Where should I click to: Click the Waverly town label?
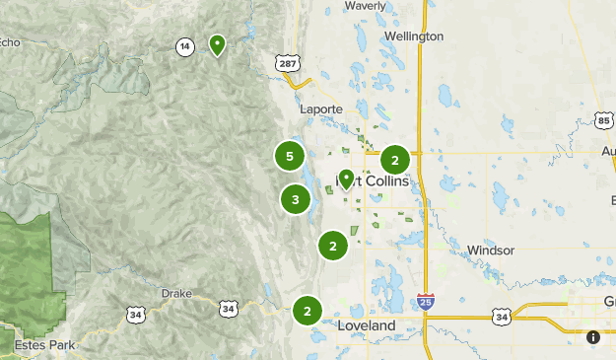tap(365, 5)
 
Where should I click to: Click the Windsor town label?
tap(491, 251)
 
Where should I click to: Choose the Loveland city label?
tap(366, 325)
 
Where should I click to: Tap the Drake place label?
tap(178, 294)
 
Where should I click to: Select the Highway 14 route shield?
tap(184, 46)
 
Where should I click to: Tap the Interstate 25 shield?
tap(425, 300)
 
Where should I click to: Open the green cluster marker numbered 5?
tap(289, 156)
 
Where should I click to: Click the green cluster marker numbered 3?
tap(295, 199)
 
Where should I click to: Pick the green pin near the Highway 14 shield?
tap(217, 44)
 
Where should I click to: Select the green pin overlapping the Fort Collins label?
tap(346, 179)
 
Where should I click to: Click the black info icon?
tap(593, 337)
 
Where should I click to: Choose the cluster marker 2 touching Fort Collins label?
tap(395, 160)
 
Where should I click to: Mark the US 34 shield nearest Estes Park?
tap(134, 315)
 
